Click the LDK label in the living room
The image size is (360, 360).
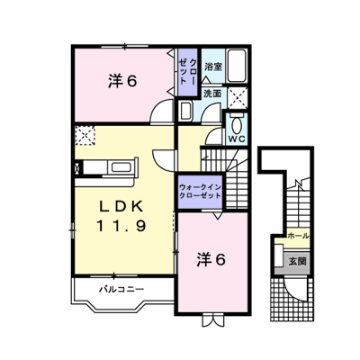tap(121, 206)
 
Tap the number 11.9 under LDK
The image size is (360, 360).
tap(121, 226)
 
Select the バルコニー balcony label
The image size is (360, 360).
tap(121, 290)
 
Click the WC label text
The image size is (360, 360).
tap(237, 139)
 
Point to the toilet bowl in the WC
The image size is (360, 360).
tap(238, 124)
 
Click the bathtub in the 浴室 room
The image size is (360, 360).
tap(237, 66)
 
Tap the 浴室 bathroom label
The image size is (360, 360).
tap(213, 67)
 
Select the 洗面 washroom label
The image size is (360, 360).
tap(212, 94)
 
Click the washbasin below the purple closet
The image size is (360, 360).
tap(185, 111)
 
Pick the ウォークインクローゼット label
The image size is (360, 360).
tap(200, 192)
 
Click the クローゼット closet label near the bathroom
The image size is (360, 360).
tap(187, 71)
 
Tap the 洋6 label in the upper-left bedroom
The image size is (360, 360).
tap(122, 81)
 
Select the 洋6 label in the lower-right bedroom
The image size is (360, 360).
tap(211, 260)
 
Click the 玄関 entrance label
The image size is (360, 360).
tap(297, 262)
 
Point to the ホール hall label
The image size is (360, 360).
tap(298, 237)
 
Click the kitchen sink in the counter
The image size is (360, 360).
tap(121, 167)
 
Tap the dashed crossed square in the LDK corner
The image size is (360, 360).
tap(85, 136)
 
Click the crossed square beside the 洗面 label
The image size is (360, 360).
tap(237, 98)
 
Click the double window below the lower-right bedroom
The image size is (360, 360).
tap(212, 320)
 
